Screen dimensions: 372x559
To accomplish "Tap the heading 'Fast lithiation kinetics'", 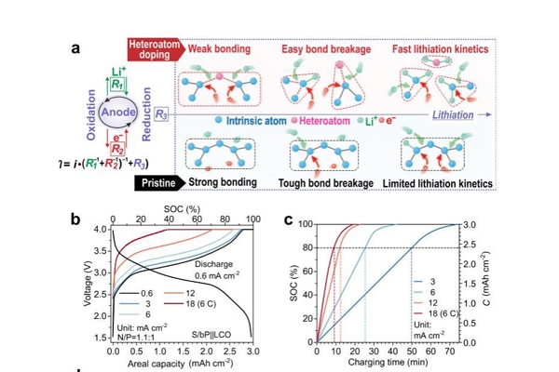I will click(443, 48).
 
